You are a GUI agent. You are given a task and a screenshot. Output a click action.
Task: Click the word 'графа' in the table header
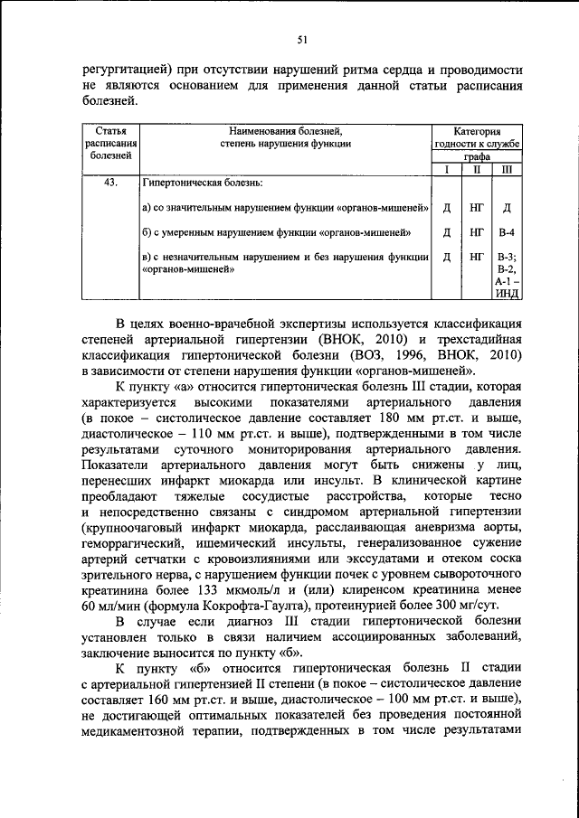(477, 155)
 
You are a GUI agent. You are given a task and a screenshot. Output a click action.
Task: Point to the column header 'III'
(506, 169)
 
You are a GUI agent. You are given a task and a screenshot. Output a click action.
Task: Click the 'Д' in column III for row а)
(506, 208)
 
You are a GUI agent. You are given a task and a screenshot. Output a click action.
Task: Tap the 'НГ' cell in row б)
(476, 232)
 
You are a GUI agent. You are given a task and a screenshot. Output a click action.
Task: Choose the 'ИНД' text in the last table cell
(506, 294)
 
